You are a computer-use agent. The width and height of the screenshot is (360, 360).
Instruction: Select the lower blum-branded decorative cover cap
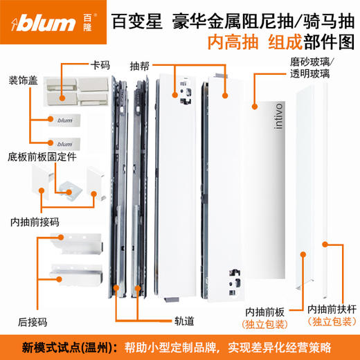coord(66,143)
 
